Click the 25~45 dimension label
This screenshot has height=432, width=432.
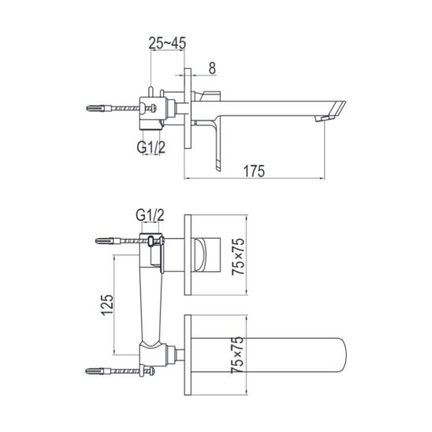click(x=167, y=43)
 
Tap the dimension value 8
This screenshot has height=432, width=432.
click(x=212, y=68)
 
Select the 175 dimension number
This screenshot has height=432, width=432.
click(x=254, y=171)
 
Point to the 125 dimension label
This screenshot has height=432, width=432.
click(x=107, y=305)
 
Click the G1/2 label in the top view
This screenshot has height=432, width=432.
click(x=151, y=147)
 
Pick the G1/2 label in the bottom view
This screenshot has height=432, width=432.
click(x=150, y=215)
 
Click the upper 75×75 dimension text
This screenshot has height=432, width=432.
click(x=238, y=256)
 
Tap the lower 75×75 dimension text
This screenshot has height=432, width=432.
click(x=237, y=355)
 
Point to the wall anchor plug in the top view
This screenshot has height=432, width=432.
click(x=99, y=108)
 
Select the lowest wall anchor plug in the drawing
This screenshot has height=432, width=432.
click(x=99, y=371)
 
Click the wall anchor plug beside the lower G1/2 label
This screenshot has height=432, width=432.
click(x=108, y=241)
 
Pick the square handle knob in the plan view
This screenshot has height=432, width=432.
click(x=207, y=255)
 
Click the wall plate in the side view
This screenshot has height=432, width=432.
click(x=188, y=109)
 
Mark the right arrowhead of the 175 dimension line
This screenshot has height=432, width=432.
click(x=322, y=179)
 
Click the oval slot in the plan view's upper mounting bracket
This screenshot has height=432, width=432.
click(x=151, y=241)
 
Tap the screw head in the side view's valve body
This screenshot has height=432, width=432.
click(x=154, y=108)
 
